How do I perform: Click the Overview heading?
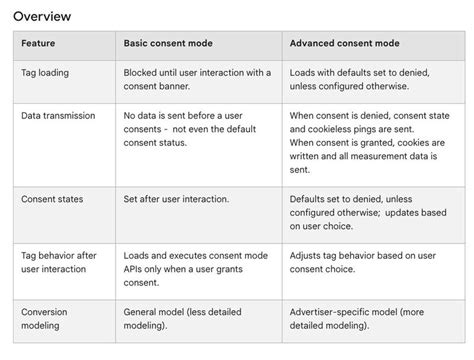click(42, 16)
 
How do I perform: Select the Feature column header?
click(38, 44)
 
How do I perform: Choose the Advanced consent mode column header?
click(345, 44)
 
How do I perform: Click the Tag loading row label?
click(44, 73)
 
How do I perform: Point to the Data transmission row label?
click(58, 115)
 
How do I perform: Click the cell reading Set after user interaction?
click(176, 199)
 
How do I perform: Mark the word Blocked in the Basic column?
click(142, 73)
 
